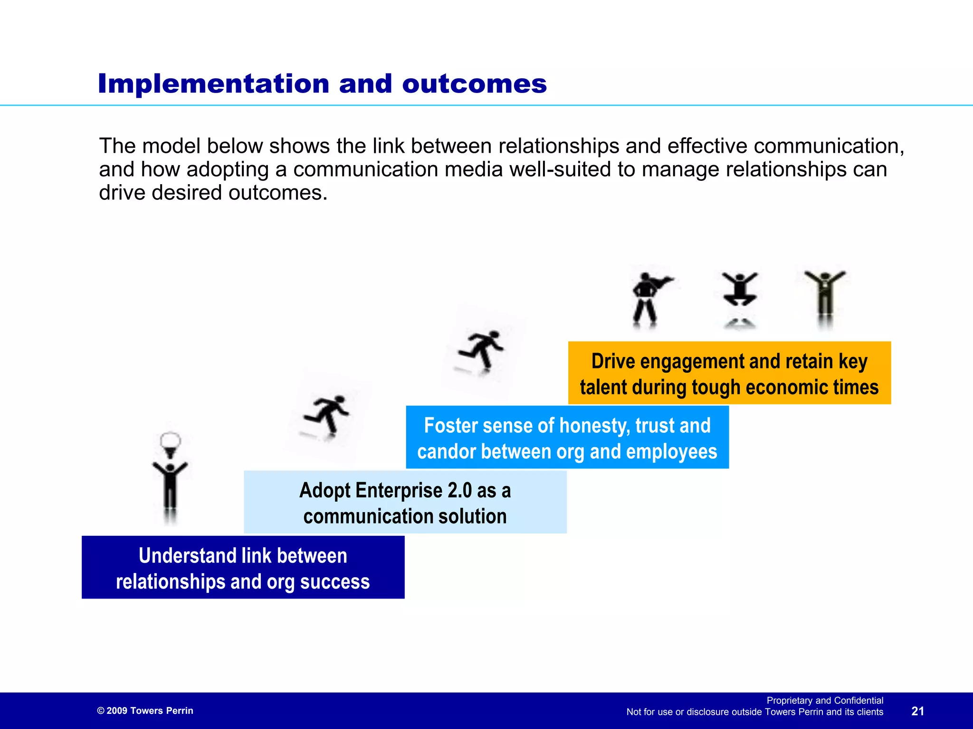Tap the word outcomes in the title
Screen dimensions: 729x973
point(474,84)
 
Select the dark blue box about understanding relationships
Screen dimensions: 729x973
point(243,567)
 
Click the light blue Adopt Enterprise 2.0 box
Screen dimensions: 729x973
point(405,502)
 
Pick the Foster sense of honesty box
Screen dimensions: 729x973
point(567,437)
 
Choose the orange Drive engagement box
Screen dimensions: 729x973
point(729,373)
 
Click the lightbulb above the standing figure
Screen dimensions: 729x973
point(170,442)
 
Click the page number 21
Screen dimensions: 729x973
point(917,711)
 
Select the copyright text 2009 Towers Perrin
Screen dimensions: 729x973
point(145,710)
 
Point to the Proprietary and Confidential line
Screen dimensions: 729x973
point(825,701)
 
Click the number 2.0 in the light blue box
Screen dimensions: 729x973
point(459,490)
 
